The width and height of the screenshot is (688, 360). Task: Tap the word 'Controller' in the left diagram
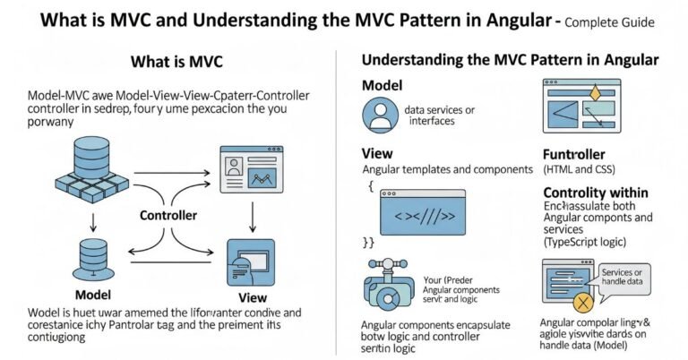click(x=168, y=216)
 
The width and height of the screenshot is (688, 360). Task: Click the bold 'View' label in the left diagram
click(x=254, y=297)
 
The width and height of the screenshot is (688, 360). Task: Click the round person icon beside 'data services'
click(x=379, y=116)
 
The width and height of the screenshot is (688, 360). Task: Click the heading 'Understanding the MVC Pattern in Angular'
click(x=510, y=61)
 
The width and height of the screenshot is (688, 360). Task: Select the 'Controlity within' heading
click(x=597, y=193)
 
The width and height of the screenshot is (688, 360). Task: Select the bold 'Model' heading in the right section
click(x=382, y=84)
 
